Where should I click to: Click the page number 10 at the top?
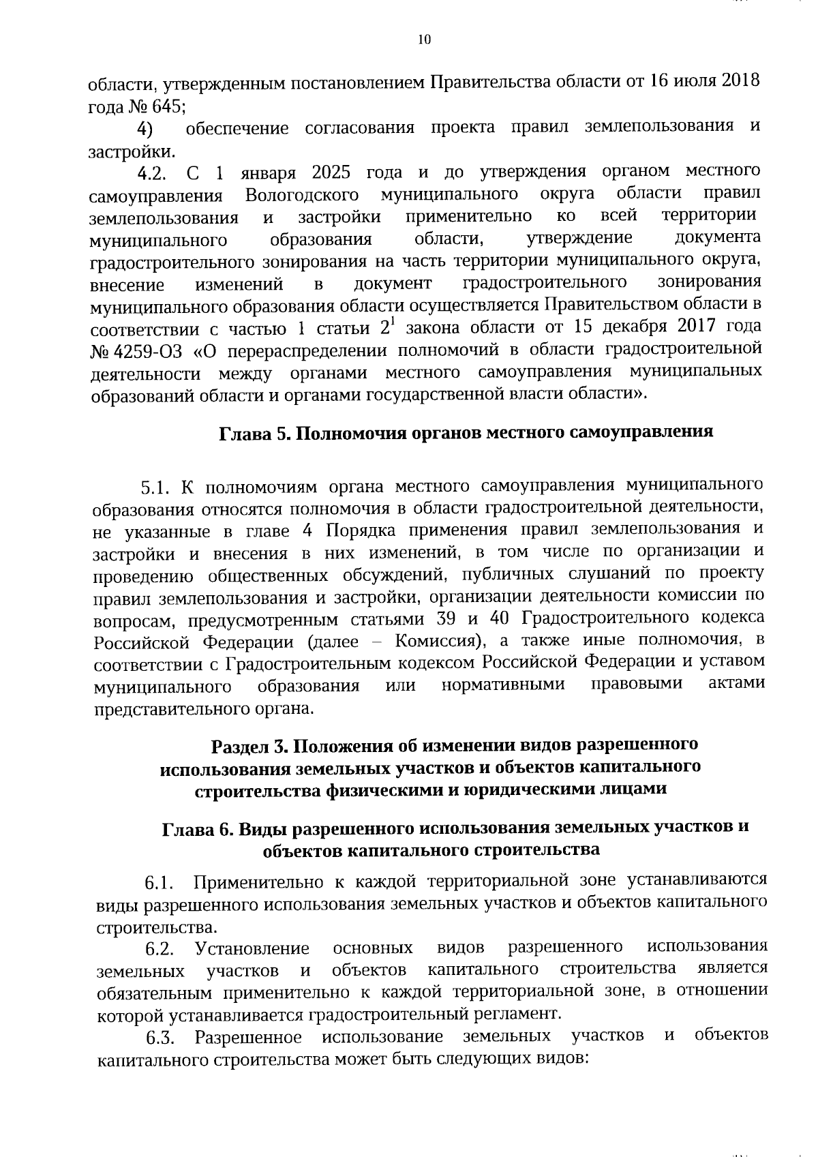(x=424, y=40)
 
